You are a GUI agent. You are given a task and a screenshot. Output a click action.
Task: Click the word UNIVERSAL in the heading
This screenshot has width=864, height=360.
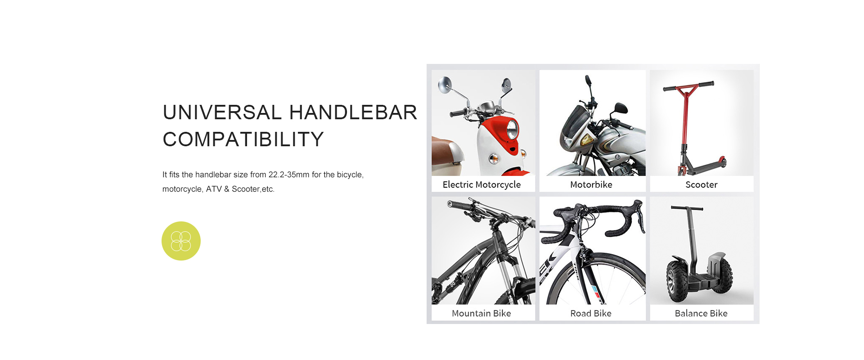[222, 112]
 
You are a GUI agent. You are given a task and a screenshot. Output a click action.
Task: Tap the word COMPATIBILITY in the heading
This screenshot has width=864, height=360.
[243, 139]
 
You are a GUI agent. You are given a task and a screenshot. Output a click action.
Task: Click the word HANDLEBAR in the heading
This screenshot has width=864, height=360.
[353, 112]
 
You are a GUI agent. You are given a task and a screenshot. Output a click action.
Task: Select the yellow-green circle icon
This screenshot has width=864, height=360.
[181, 241]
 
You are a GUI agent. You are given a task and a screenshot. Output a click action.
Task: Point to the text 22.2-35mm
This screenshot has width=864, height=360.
[289, 175]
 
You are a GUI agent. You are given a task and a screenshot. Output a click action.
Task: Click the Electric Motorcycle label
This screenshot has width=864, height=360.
[481, 184]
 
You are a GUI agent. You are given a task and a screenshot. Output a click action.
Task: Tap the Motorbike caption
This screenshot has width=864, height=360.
[591, 184]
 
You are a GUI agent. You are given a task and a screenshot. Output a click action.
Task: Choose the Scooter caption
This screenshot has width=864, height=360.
[702, 184]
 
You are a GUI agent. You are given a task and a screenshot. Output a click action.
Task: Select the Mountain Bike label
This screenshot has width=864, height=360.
[481, 313]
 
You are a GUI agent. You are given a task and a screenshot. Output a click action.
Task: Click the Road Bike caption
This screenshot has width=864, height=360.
[591, 313]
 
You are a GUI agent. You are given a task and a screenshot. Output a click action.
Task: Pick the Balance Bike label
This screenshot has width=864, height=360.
[701, 313]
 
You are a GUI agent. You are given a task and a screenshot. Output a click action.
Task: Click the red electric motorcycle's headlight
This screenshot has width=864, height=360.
[513, 130]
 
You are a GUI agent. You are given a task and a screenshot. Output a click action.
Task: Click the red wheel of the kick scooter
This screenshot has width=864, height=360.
[722, 162]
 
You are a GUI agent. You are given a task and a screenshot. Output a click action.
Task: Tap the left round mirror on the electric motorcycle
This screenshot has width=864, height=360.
[445, 85]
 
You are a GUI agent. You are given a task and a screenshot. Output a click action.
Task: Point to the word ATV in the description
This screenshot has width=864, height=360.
[214, 189]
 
